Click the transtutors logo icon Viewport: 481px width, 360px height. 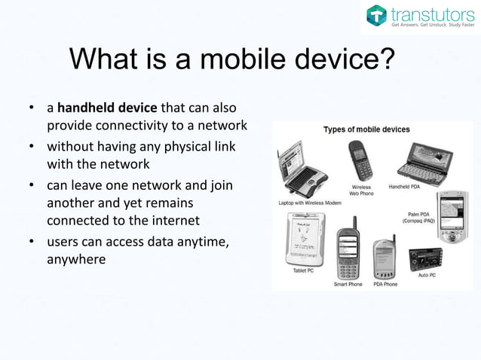(x=375, y=15)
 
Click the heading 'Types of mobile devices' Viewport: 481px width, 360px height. (x=366, y=130)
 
